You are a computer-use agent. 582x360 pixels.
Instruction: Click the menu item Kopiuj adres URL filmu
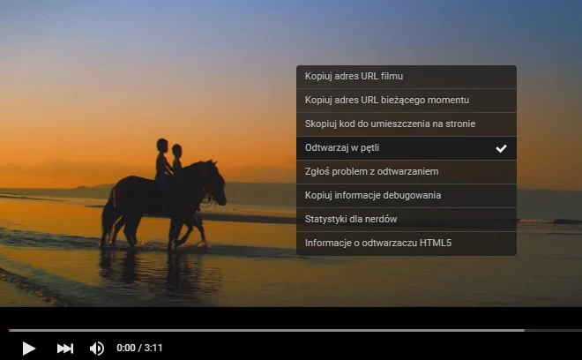point(354,77)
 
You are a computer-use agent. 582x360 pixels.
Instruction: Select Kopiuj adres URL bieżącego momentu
point(386,100)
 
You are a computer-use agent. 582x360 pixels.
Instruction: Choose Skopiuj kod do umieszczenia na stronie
point(390,124)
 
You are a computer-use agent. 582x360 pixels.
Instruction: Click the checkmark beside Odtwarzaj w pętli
point(501,148)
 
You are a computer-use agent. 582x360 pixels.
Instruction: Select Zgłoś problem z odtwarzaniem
point(371,171)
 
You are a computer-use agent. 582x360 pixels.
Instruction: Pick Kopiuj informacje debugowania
point(373,195)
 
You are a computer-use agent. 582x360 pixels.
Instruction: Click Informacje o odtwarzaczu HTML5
point(378,243)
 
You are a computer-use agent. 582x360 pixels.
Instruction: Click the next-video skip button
point(64,348)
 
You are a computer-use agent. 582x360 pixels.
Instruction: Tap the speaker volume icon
point(97,348)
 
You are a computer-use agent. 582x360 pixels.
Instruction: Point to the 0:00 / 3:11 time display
point(139,348)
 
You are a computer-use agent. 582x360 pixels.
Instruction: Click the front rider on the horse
point(176,162)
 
